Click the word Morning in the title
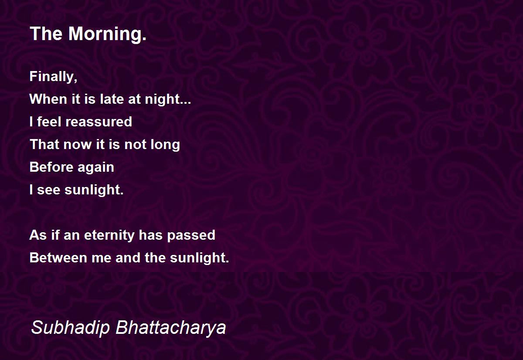pos(107,34)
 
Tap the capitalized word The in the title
pos(46,34)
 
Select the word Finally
pos(54,77)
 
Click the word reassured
pos(99,122)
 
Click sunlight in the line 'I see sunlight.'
pos(94,190)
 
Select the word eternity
pos(109,235)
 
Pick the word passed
pos(191,235)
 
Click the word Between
pos(58,258)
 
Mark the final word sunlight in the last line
pos(200,258)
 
